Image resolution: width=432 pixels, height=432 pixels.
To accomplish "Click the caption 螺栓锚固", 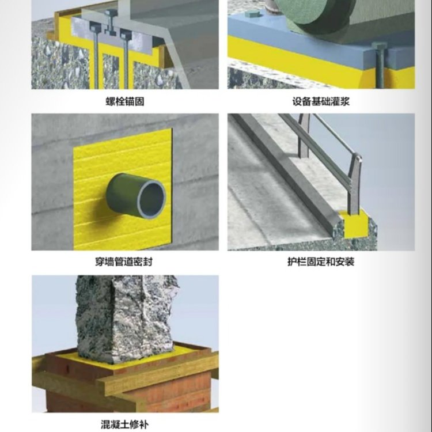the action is tap(125, 101).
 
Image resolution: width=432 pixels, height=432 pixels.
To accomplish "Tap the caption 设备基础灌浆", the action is tap(321, 101).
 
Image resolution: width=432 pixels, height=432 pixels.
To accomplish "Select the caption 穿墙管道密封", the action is tap(124, 262).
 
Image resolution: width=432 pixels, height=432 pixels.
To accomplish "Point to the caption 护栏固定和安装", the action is tap(321, 262).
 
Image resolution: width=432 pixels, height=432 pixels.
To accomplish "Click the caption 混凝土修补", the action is tap(124, 425).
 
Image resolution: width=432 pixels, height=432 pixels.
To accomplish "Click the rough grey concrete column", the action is tap(126, 317).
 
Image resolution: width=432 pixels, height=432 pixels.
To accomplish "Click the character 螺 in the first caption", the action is tap(111, 101).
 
